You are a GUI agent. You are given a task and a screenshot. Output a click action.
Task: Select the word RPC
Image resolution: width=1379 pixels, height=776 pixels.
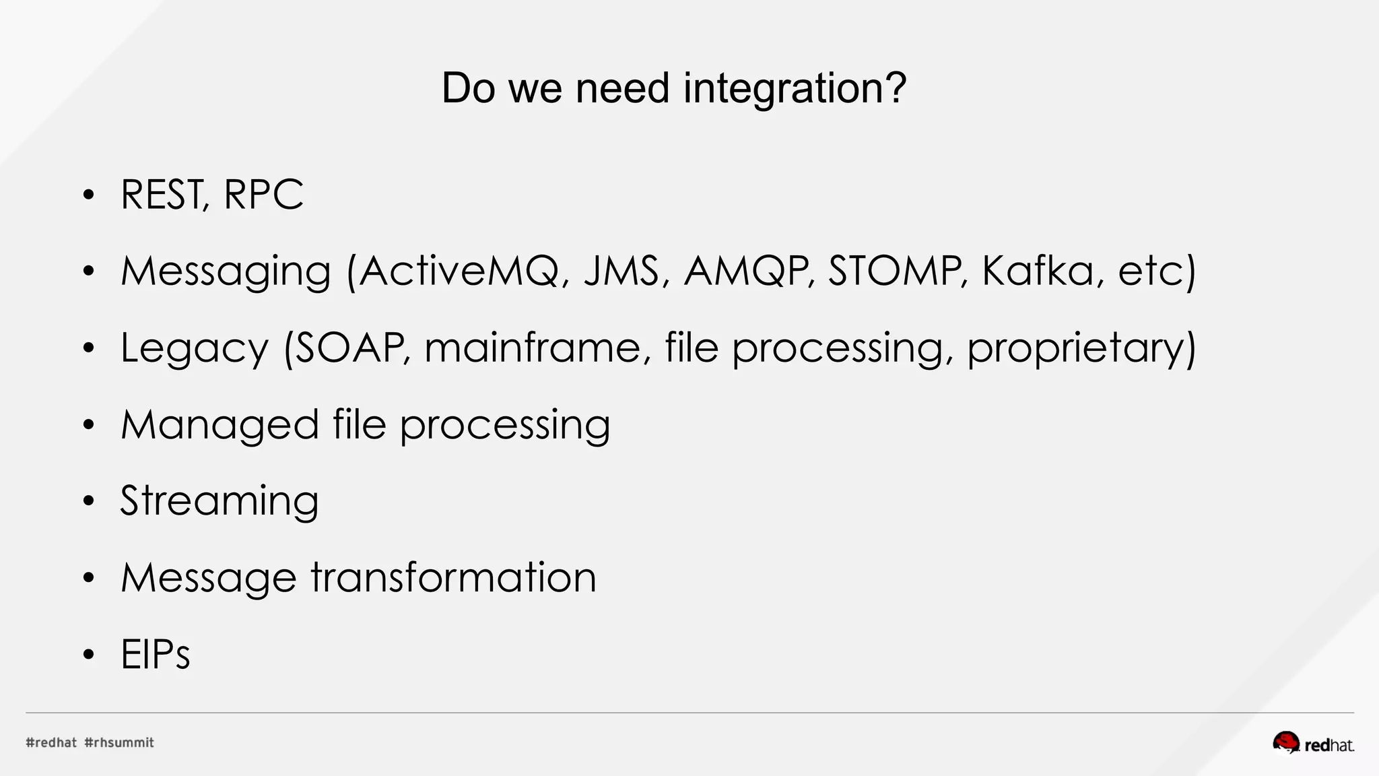(x=263, y=195)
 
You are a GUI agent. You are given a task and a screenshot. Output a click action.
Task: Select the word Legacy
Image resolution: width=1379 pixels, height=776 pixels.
(x=194, y=349)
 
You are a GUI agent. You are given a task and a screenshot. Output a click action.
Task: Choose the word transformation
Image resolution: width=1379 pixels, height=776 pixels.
(x=453, y=578)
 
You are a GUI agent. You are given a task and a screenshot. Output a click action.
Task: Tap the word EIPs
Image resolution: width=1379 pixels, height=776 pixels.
(x=156, y=654)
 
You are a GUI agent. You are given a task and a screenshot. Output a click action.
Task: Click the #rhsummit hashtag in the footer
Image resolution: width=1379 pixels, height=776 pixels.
(x=119, y=742)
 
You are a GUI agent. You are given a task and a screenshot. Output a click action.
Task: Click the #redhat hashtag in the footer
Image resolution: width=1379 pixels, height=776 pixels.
(x=51, y=742)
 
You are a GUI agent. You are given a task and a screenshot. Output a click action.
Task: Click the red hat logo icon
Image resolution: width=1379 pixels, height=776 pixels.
(x=1285, y=742)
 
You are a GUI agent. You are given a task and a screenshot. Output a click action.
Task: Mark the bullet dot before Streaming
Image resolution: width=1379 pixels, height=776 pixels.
(x=89, y=502)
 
